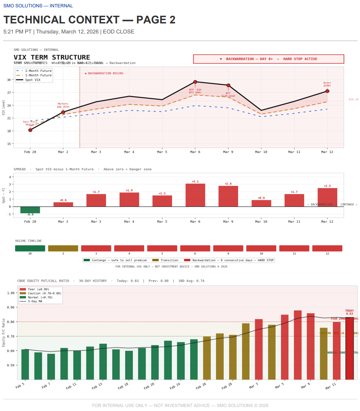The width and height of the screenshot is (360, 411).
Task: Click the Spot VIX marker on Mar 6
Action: [x=195, y=82]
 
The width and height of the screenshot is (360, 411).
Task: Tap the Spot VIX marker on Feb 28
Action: [x=30, y=130]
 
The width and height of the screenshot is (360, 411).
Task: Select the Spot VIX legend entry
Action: [x=33, y=80]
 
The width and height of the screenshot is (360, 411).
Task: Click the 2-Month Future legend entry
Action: [x=34, y=71]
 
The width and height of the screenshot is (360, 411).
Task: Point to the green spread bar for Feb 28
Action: [x=30, y=210]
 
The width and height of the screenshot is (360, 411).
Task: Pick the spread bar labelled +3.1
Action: [x=195, y=195]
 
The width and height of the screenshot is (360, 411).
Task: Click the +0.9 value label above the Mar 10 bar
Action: [x=261, y=198]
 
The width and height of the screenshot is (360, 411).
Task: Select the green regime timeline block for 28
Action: [x=30, y=248]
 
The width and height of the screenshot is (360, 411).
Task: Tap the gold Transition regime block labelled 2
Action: [x=63, y=248]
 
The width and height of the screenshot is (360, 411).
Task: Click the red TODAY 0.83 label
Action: [x=349, y=312]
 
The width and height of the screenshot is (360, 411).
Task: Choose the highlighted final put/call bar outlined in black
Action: [x=349, y=348]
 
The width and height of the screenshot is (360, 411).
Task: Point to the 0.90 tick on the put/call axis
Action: [x=11, y=307]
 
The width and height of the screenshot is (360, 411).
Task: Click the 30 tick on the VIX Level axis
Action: [x=9, y=80]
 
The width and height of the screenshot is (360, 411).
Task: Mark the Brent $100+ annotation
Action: [x=327, y=84]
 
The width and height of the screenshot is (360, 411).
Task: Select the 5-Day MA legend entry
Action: [x=35, y=302]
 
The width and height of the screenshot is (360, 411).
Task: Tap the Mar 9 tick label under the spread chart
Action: [x=228, y=222]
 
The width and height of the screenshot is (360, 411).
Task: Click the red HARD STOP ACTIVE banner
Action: [x=269, y=59]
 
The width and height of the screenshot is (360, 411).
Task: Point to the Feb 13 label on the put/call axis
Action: [x=97, y=386]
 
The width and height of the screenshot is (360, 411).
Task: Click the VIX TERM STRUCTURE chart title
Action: [x=52, y=57]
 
